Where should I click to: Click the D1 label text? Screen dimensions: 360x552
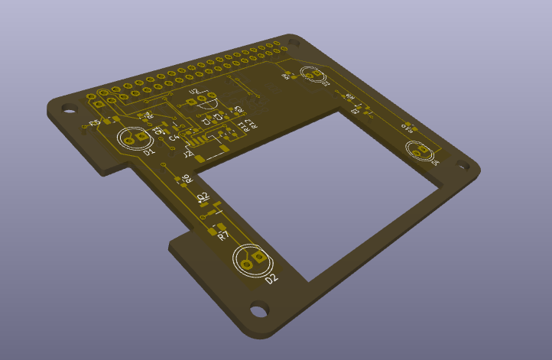pos(149,152)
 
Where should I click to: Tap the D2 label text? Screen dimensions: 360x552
pos(271,279)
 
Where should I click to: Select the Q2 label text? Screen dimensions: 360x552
pos(203,197)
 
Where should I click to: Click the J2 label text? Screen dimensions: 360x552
pos(188,154)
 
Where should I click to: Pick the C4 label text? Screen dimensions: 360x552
pos(173,138)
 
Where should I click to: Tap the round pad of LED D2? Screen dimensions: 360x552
pos(247,265)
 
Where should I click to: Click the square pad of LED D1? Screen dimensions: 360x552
pos(142,136)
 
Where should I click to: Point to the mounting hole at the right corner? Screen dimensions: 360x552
pos(463,164)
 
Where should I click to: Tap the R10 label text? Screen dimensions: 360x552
pos(407,129)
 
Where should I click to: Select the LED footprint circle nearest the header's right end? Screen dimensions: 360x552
pos(313,74)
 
